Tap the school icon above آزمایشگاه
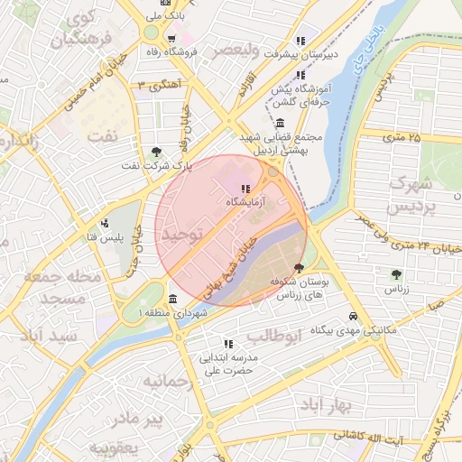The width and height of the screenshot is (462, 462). click(x=245, y=189)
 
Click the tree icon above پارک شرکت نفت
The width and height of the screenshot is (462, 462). click(x=158, y=152)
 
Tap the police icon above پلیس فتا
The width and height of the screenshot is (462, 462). click(x=106, y=223)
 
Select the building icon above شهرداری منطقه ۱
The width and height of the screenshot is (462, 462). click(x=172, y=300)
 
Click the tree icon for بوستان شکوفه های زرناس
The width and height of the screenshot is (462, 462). click(x=299, y=268)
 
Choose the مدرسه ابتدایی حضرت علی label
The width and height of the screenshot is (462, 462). click(x=228, y=363)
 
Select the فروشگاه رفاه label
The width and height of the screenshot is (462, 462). click(x=175, y=52)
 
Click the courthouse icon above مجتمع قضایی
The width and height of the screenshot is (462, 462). click(x=281, y=123)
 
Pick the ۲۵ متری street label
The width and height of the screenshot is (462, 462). click(x=401, y=137)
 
